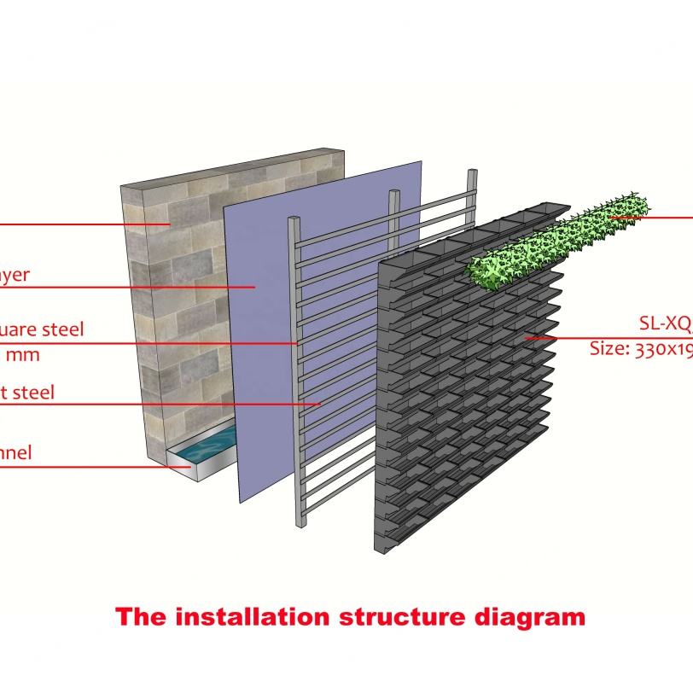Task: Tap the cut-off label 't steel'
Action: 27,392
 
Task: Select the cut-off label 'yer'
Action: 15,274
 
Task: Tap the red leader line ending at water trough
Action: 85,467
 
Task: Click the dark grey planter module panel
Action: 461,410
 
